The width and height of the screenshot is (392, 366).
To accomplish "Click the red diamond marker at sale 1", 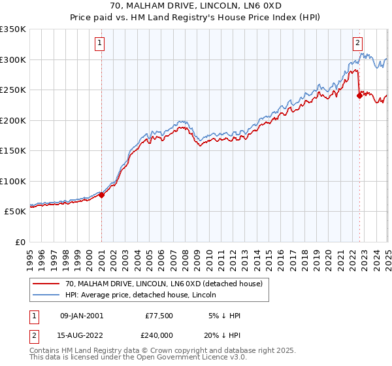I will point(102,195).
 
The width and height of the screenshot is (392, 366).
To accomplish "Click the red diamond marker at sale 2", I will point(359,95).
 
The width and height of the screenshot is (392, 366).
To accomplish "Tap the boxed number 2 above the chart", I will point(358,44).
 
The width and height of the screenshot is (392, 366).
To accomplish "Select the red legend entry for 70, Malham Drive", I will point(163,283).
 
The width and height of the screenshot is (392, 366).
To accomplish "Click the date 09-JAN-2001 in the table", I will point(82,316).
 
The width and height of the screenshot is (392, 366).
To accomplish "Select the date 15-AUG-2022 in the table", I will point(82,337).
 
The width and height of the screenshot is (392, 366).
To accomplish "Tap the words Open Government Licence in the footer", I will point(197,359).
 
